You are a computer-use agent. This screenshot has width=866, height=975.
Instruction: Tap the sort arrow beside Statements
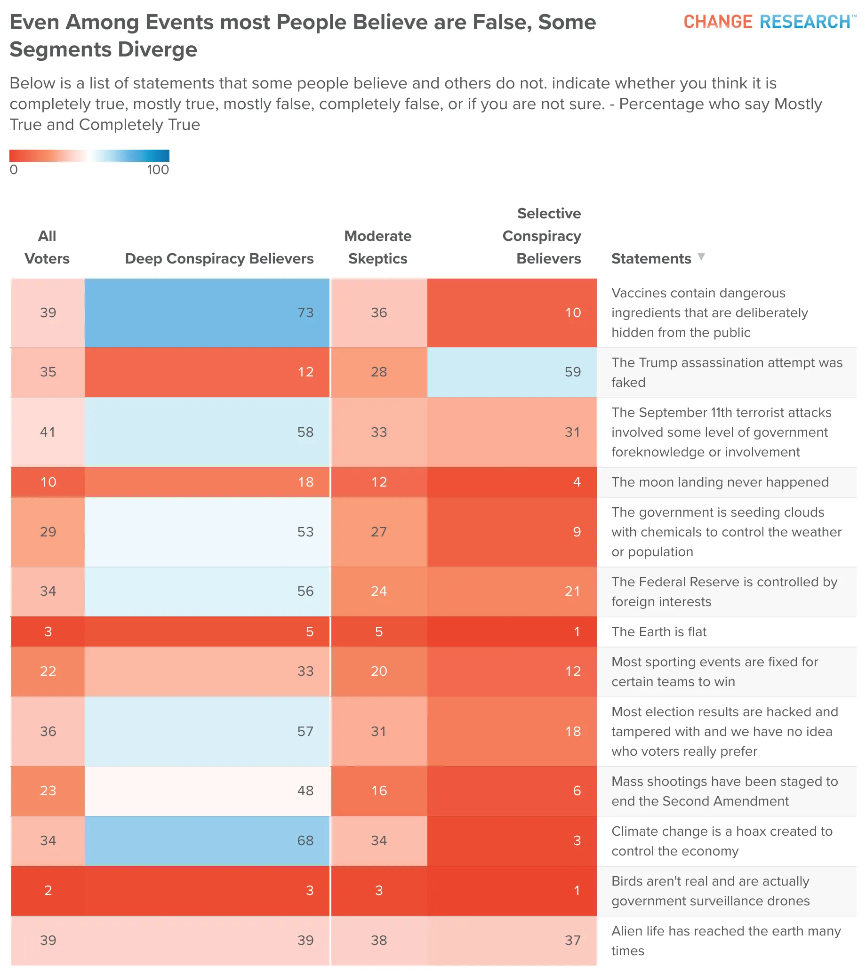pyautogui.click(x=701, y=257)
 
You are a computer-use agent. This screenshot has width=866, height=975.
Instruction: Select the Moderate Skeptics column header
pyautogui.click(x=378, y=247)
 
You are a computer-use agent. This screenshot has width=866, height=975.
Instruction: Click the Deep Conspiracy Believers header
pyautogui.click(x=219, y=258)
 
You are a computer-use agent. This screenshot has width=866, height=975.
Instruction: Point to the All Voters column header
pyautogui.click(x=47, y=247)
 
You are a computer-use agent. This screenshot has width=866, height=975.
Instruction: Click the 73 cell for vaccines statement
pyautogui.click(x=207, y=313)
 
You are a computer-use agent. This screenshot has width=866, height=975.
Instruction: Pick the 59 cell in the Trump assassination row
pyautogui.click(x=512, y=372)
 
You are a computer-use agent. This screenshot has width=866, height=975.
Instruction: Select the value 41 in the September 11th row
pyautogui.click(x=48, y=432)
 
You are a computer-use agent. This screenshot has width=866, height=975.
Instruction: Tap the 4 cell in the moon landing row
pyautogui.click(x=512, y=482)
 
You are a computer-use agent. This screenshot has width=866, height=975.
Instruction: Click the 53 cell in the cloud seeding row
pyautogui.click(x=207, y=532)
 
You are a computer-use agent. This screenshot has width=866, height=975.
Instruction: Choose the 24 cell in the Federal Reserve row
pyautogui.click(x=379, y=591)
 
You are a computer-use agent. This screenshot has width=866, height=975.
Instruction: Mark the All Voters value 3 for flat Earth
pyautogui.click(x=48, y=631)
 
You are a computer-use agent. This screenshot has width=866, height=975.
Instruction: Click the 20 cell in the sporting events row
pyautogui.click(x=379, y=671)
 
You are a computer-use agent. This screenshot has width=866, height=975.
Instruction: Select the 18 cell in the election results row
pyautogui.click(x=512, y=731)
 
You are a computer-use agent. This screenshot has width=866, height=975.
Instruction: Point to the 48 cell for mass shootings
pyautogui.click(x=207, y=791)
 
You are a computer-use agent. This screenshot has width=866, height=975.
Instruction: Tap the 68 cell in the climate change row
pyautogui.click(x=207, y=840)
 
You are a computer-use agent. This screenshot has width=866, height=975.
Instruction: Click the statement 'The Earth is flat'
pyautogui.click(x=659, y=631)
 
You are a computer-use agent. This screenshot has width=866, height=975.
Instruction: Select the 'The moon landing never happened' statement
pyautogui.click(x=720, y=482)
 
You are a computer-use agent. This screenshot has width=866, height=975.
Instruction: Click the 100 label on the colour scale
pyautogui.click(x=158, y=170)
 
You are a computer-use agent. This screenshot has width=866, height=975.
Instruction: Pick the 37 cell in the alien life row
pyautogui.click(x=512, y=940)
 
